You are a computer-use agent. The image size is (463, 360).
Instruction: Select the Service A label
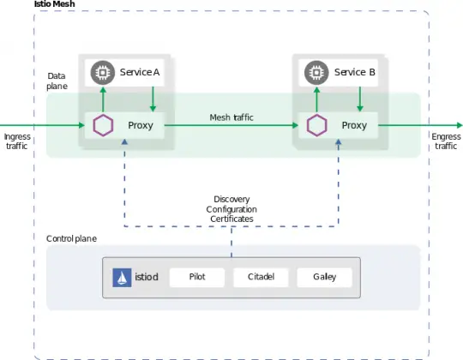point(140,72)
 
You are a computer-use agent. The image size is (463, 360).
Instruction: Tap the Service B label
point(354,72)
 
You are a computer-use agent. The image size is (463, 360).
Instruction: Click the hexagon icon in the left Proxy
point(103,125)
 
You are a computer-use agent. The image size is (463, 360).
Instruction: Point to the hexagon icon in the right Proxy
point(317,125)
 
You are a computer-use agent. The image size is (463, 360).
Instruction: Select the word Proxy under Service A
point(141,125)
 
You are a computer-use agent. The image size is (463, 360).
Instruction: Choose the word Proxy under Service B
point(354,125)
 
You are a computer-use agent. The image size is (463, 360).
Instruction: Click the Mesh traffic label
point(231,117)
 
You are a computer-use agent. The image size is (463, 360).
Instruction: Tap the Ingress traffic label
point(17,141)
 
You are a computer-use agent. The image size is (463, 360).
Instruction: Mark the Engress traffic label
point(445,141)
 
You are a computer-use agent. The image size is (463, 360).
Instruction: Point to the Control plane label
point(71,237)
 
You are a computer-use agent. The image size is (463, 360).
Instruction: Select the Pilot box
point(196,278)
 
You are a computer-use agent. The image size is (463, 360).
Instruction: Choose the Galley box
point(323,278)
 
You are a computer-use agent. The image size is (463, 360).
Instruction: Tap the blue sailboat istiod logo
point(122,278)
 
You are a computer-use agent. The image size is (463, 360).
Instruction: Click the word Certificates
point(231,219)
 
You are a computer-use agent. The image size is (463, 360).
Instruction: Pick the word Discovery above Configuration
point(231,199)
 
